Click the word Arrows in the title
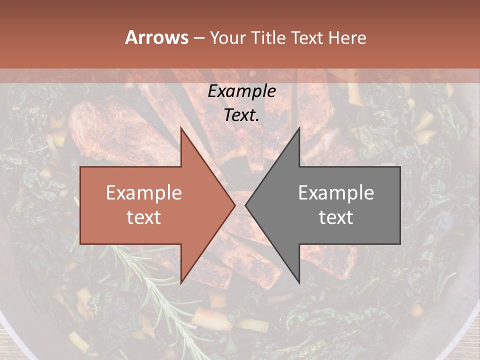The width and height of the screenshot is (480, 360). coord(157,37)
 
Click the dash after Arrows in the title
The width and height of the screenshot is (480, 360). coord(198,38)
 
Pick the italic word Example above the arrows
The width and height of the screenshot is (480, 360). coord(241,91)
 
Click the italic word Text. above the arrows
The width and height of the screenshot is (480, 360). coord(241,115)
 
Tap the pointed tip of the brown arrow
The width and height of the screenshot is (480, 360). coord(235,205)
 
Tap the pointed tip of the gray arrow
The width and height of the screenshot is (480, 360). coord(245,205)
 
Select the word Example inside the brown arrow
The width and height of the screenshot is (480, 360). coord(144,193)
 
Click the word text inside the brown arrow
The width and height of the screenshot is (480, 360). coord(144,217)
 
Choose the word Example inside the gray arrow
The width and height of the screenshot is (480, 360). coord(336,193)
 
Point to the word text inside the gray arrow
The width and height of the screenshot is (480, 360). coord(336,217)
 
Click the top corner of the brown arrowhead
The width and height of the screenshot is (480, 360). coord(181,127)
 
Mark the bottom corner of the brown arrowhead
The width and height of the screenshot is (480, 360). coord(181,283)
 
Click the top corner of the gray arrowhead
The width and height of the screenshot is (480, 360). coord(299,127)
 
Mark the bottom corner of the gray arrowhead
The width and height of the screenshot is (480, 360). coord(299,283)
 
